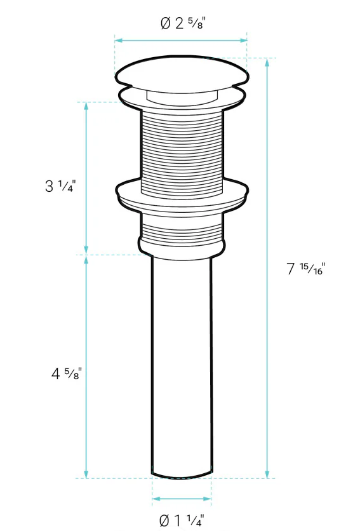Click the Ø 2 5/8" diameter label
[x=183, y=24]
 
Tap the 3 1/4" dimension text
[x=60, y=187]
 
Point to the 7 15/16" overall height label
[x=305, y=269]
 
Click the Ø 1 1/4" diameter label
[x=182, y=521]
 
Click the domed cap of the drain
[x=181, y=72]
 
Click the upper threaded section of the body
[x=181, y=146]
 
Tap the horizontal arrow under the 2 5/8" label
[x=181, y=41]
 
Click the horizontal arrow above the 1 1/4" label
[x=182, y=500]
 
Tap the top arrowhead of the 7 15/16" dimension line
[x=267, y=62]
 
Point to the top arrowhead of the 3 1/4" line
[x=87, y=105]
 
